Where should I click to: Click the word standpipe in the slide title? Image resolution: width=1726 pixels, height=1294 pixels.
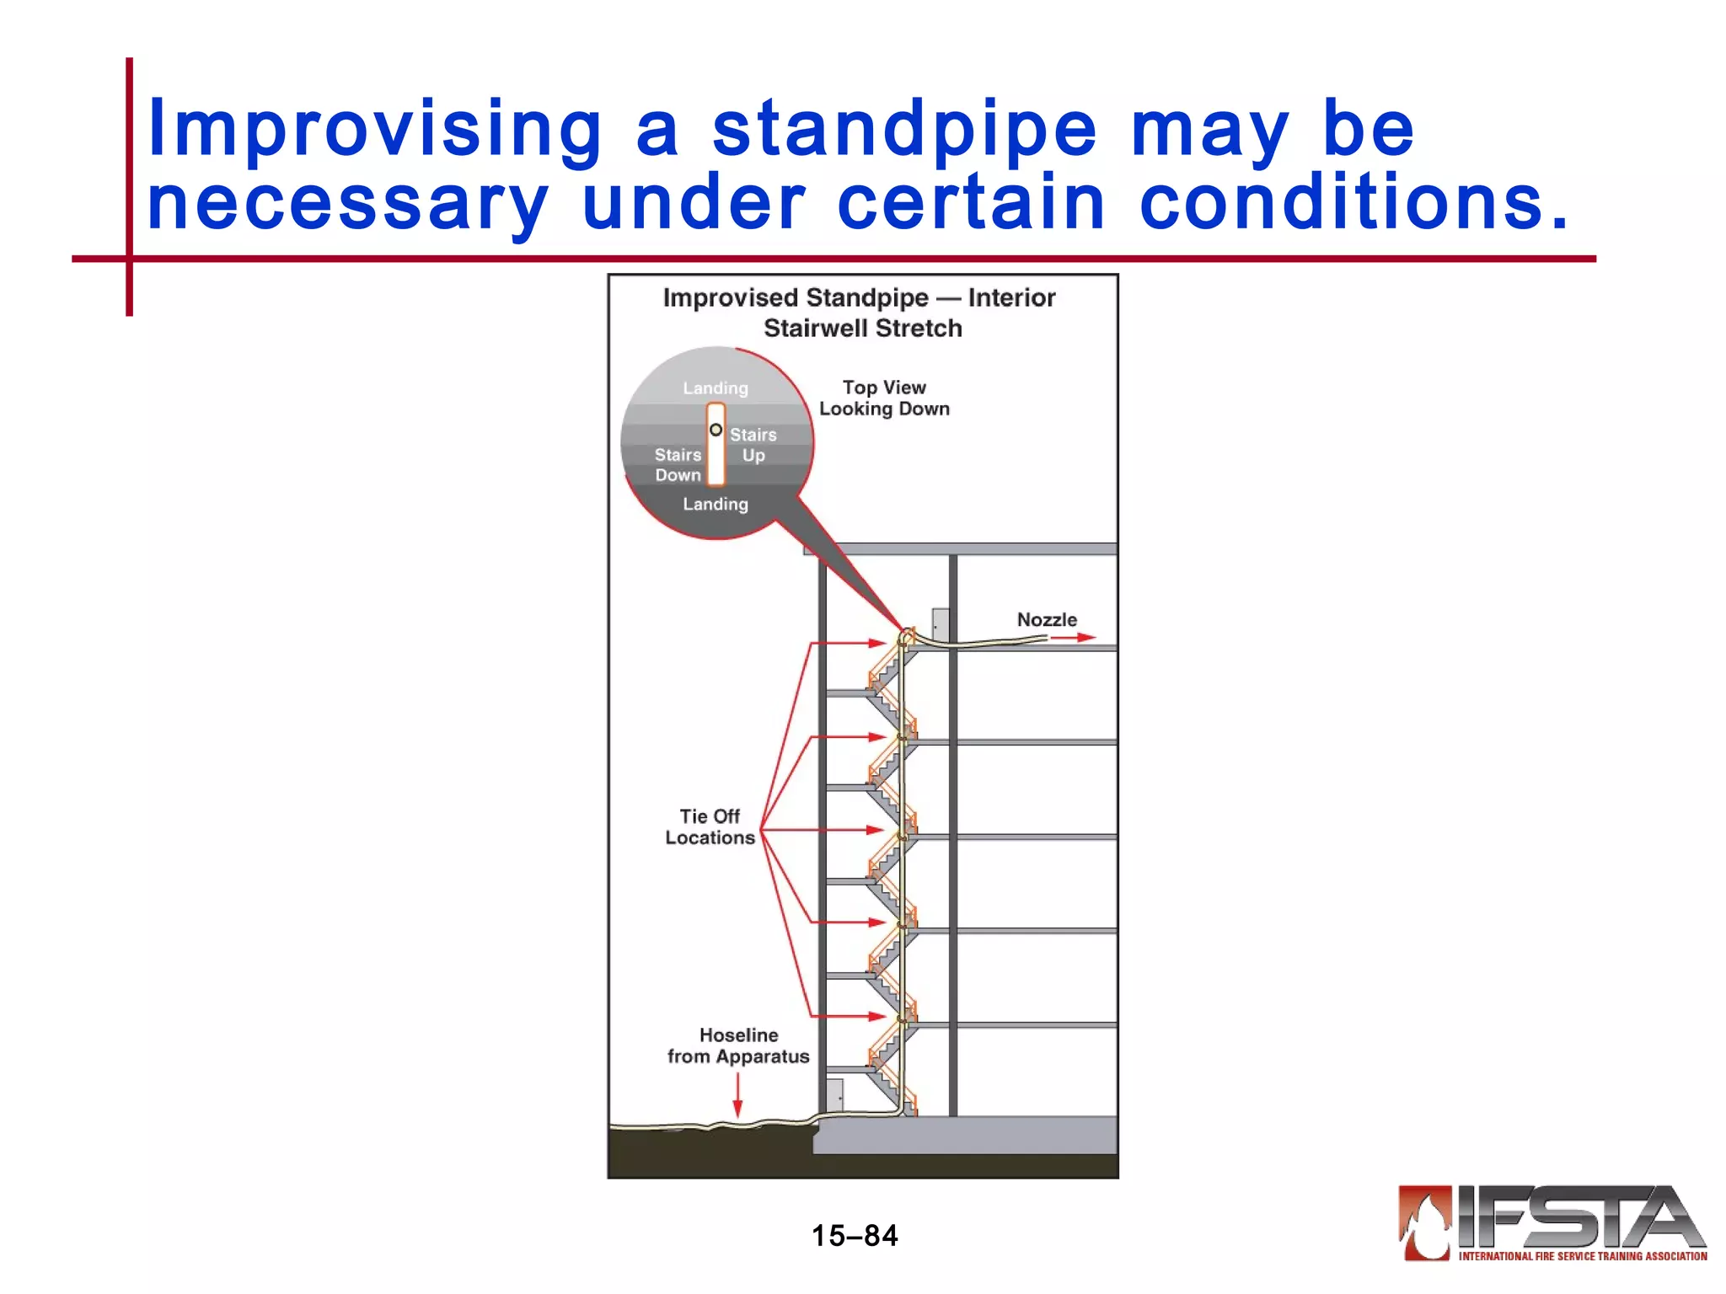(905, 131)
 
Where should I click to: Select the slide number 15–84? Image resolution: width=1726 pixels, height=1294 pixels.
(854, 1235)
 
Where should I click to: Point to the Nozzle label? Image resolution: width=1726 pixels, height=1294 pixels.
(1047, 619)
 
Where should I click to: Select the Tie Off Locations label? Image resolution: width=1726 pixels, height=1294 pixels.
(710, 826)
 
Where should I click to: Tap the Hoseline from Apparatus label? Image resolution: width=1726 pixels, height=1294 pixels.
(738, 1045)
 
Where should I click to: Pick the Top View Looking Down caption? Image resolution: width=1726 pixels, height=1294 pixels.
(884, 398)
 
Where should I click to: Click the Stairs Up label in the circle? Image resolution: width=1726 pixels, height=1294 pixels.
(753, 445)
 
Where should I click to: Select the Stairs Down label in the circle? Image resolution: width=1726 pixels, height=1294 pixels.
(678, 464)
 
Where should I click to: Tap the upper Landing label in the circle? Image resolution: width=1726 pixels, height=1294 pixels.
(715, 388)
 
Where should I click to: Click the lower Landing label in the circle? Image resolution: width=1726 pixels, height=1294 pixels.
(715, 504)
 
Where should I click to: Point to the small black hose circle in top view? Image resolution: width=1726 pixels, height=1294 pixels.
(716, 430)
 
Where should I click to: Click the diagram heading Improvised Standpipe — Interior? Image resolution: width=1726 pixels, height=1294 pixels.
(858, 297)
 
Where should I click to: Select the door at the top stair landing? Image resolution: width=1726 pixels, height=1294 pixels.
(941, 625)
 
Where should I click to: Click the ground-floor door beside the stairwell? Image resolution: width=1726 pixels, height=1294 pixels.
(834, 1095)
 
